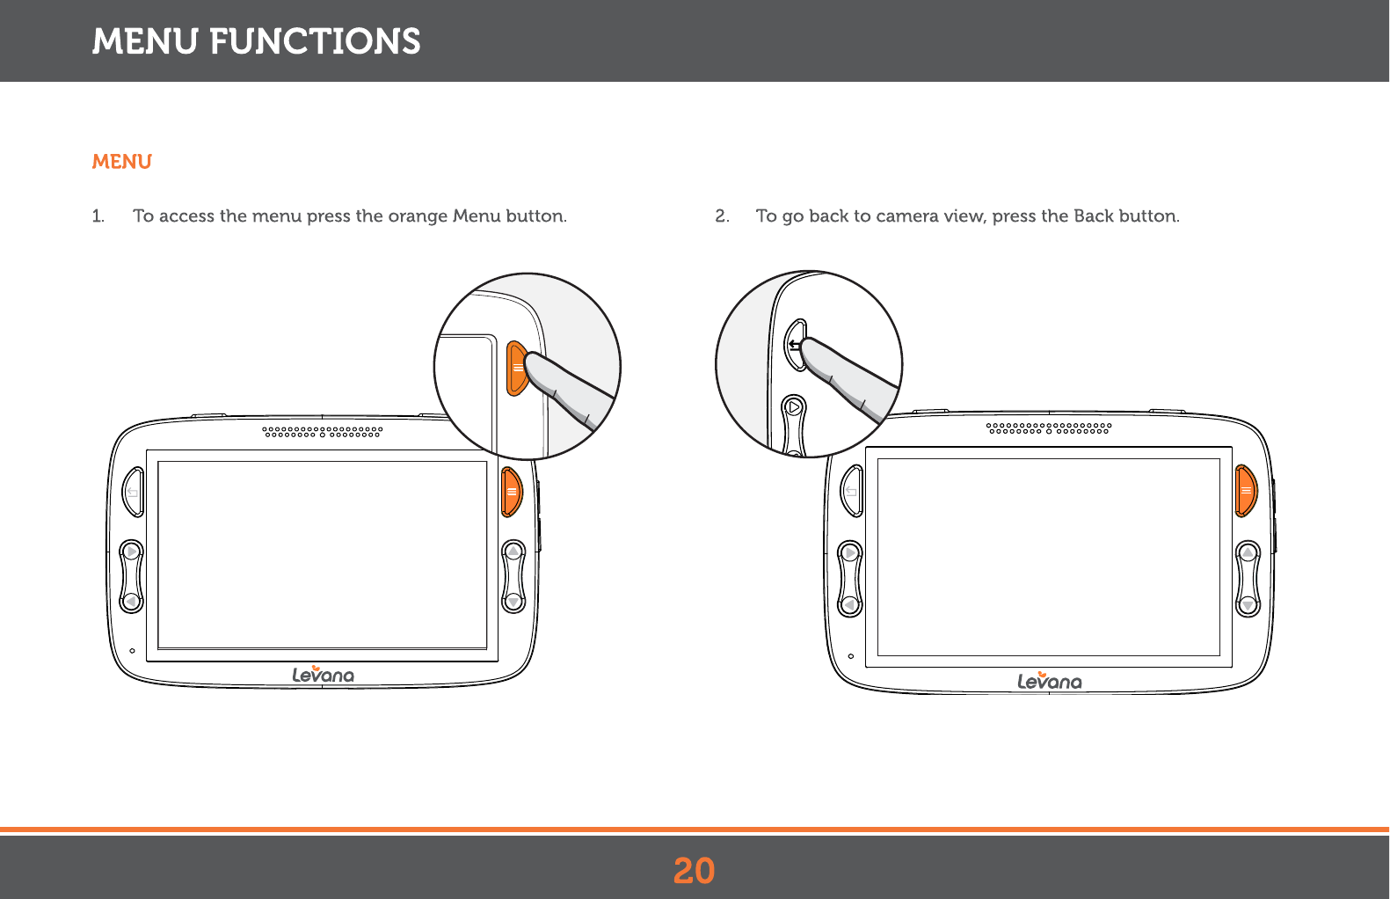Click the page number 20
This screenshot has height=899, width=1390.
click(694, 871)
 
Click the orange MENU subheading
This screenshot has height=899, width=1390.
click(122, 162)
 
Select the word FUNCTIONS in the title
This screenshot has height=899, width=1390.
click(315, 41)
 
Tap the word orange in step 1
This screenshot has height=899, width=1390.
click(418, 216)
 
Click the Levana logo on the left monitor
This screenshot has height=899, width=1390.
click(323, 675)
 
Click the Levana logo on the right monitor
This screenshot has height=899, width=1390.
click(1049, 681)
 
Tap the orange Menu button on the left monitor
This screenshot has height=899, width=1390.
click(512, 493)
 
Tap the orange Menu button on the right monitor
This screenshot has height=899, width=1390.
click(1245, 491)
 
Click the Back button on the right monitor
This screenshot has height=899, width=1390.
click(851, 491)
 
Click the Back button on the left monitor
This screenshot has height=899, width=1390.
click(133, 493)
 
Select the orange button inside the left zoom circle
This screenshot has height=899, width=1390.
click(517, 369)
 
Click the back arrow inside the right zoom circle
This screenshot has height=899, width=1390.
click(794, 344)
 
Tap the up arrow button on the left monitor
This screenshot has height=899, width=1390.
click(513, 552)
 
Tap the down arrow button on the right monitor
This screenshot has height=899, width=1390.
click(1248, 605)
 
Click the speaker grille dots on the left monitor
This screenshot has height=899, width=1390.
click(323, 432)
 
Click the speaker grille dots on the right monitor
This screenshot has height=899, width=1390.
click(1049, 428)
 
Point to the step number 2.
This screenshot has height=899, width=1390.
click(721, 216)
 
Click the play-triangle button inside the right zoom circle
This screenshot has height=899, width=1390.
click(794, 407)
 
